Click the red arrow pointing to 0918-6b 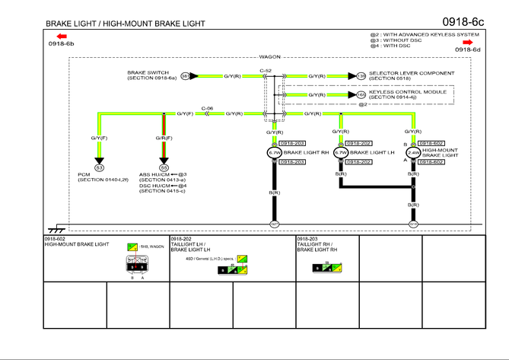pyautogui.click(x=61, y=36)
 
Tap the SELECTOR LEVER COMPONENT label pyautogui.click(x=412, y=73)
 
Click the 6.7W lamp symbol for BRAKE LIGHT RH pyautogui.click(x=274, y=152)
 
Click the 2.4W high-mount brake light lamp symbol pyautogui.click(x=413, y=152)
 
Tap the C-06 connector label pyautogui.click(x=207, y=108)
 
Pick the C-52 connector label pyautogui.click(x=266, y=71)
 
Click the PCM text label pyautogui.click(x=84, y=174)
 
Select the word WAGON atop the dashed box pyautogui.click(x=270, y=57)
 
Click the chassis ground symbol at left pyautogui.click(x=56, y=228)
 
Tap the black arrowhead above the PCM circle pyautogui.click(x=98, y=159)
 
